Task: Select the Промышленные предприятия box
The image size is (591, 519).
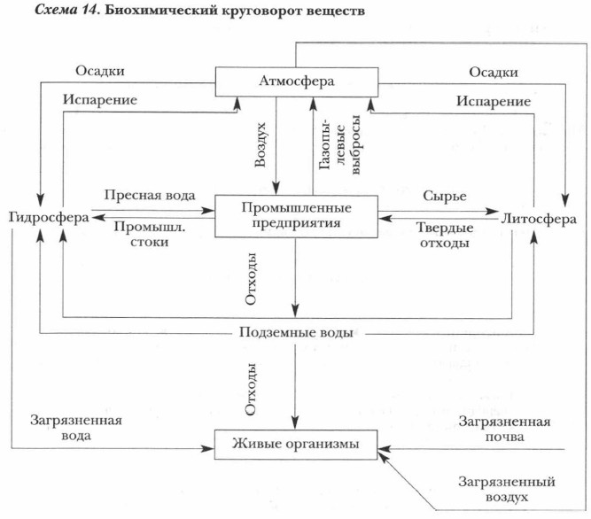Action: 297,215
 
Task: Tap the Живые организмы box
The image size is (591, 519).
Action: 296,444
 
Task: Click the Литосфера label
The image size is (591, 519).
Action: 540,218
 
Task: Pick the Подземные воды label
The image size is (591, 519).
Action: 296,333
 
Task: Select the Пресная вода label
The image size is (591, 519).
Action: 150,195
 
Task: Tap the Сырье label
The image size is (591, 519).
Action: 444,195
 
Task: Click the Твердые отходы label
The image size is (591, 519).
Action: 444,235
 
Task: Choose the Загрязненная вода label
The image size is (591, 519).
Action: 75,429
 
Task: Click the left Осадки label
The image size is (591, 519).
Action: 99,71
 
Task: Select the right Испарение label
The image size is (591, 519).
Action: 494,101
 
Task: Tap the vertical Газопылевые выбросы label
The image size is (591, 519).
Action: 327,144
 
